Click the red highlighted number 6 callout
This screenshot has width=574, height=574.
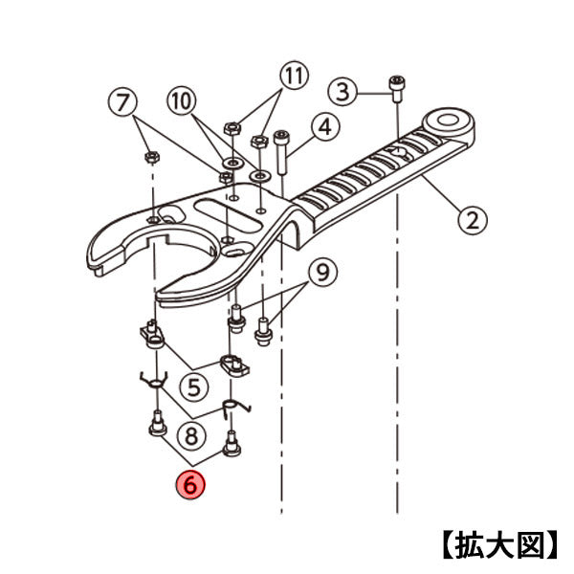click(190, 485)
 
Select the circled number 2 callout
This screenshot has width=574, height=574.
click(471, 220)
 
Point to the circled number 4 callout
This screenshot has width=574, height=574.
click(325, 125)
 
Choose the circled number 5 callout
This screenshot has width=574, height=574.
click(195, 387)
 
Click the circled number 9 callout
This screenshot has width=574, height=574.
click(323, 273)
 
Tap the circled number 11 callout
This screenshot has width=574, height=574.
click(295, 74)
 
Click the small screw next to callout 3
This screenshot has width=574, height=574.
click(396, 86)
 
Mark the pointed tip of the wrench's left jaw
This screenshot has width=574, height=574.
click(92, 269)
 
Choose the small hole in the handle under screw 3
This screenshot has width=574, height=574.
click(396, 150)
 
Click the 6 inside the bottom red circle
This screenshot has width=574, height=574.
click(190, 485)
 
